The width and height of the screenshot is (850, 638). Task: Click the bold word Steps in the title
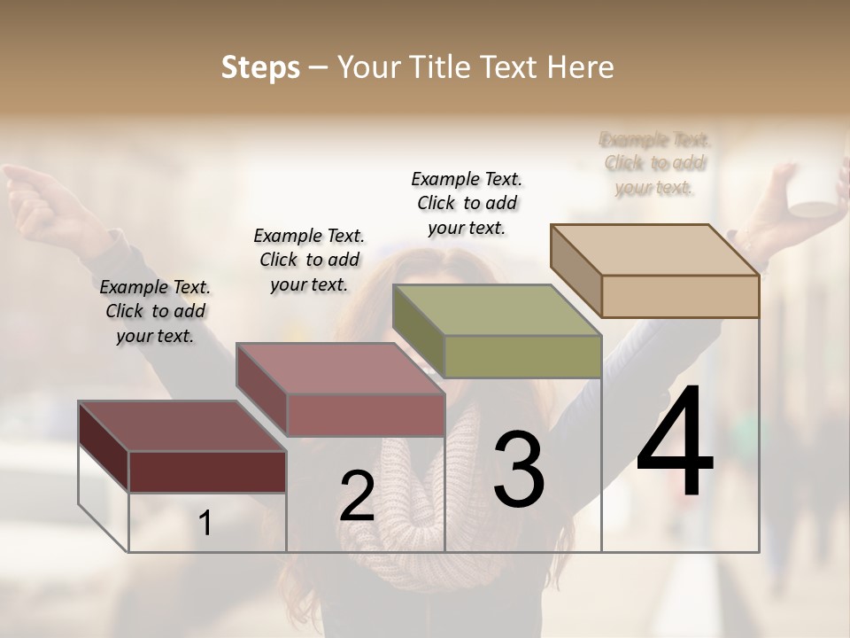click(259, 67)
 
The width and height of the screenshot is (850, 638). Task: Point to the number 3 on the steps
click(518, 469)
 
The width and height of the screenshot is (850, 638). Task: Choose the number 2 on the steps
click(357, 496)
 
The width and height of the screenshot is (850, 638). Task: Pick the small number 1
click(205, 524)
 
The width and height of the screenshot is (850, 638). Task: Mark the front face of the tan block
click(680, 296)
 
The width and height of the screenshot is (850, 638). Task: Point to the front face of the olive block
click(522, 356)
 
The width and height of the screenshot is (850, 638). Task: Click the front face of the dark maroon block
click(207, 471)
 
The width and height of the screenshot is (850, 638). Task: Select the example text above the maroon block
click(155, 311)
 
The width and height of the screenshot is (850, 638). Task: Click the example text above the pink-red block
click(309, 260)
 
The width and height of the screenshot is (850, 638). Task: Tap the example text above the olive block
click(467, 203)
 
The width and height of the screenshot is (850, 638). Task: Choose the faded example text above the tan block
click(655, 163)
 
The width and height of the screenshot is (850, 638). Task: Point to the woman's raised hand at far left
click(35, 191)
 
